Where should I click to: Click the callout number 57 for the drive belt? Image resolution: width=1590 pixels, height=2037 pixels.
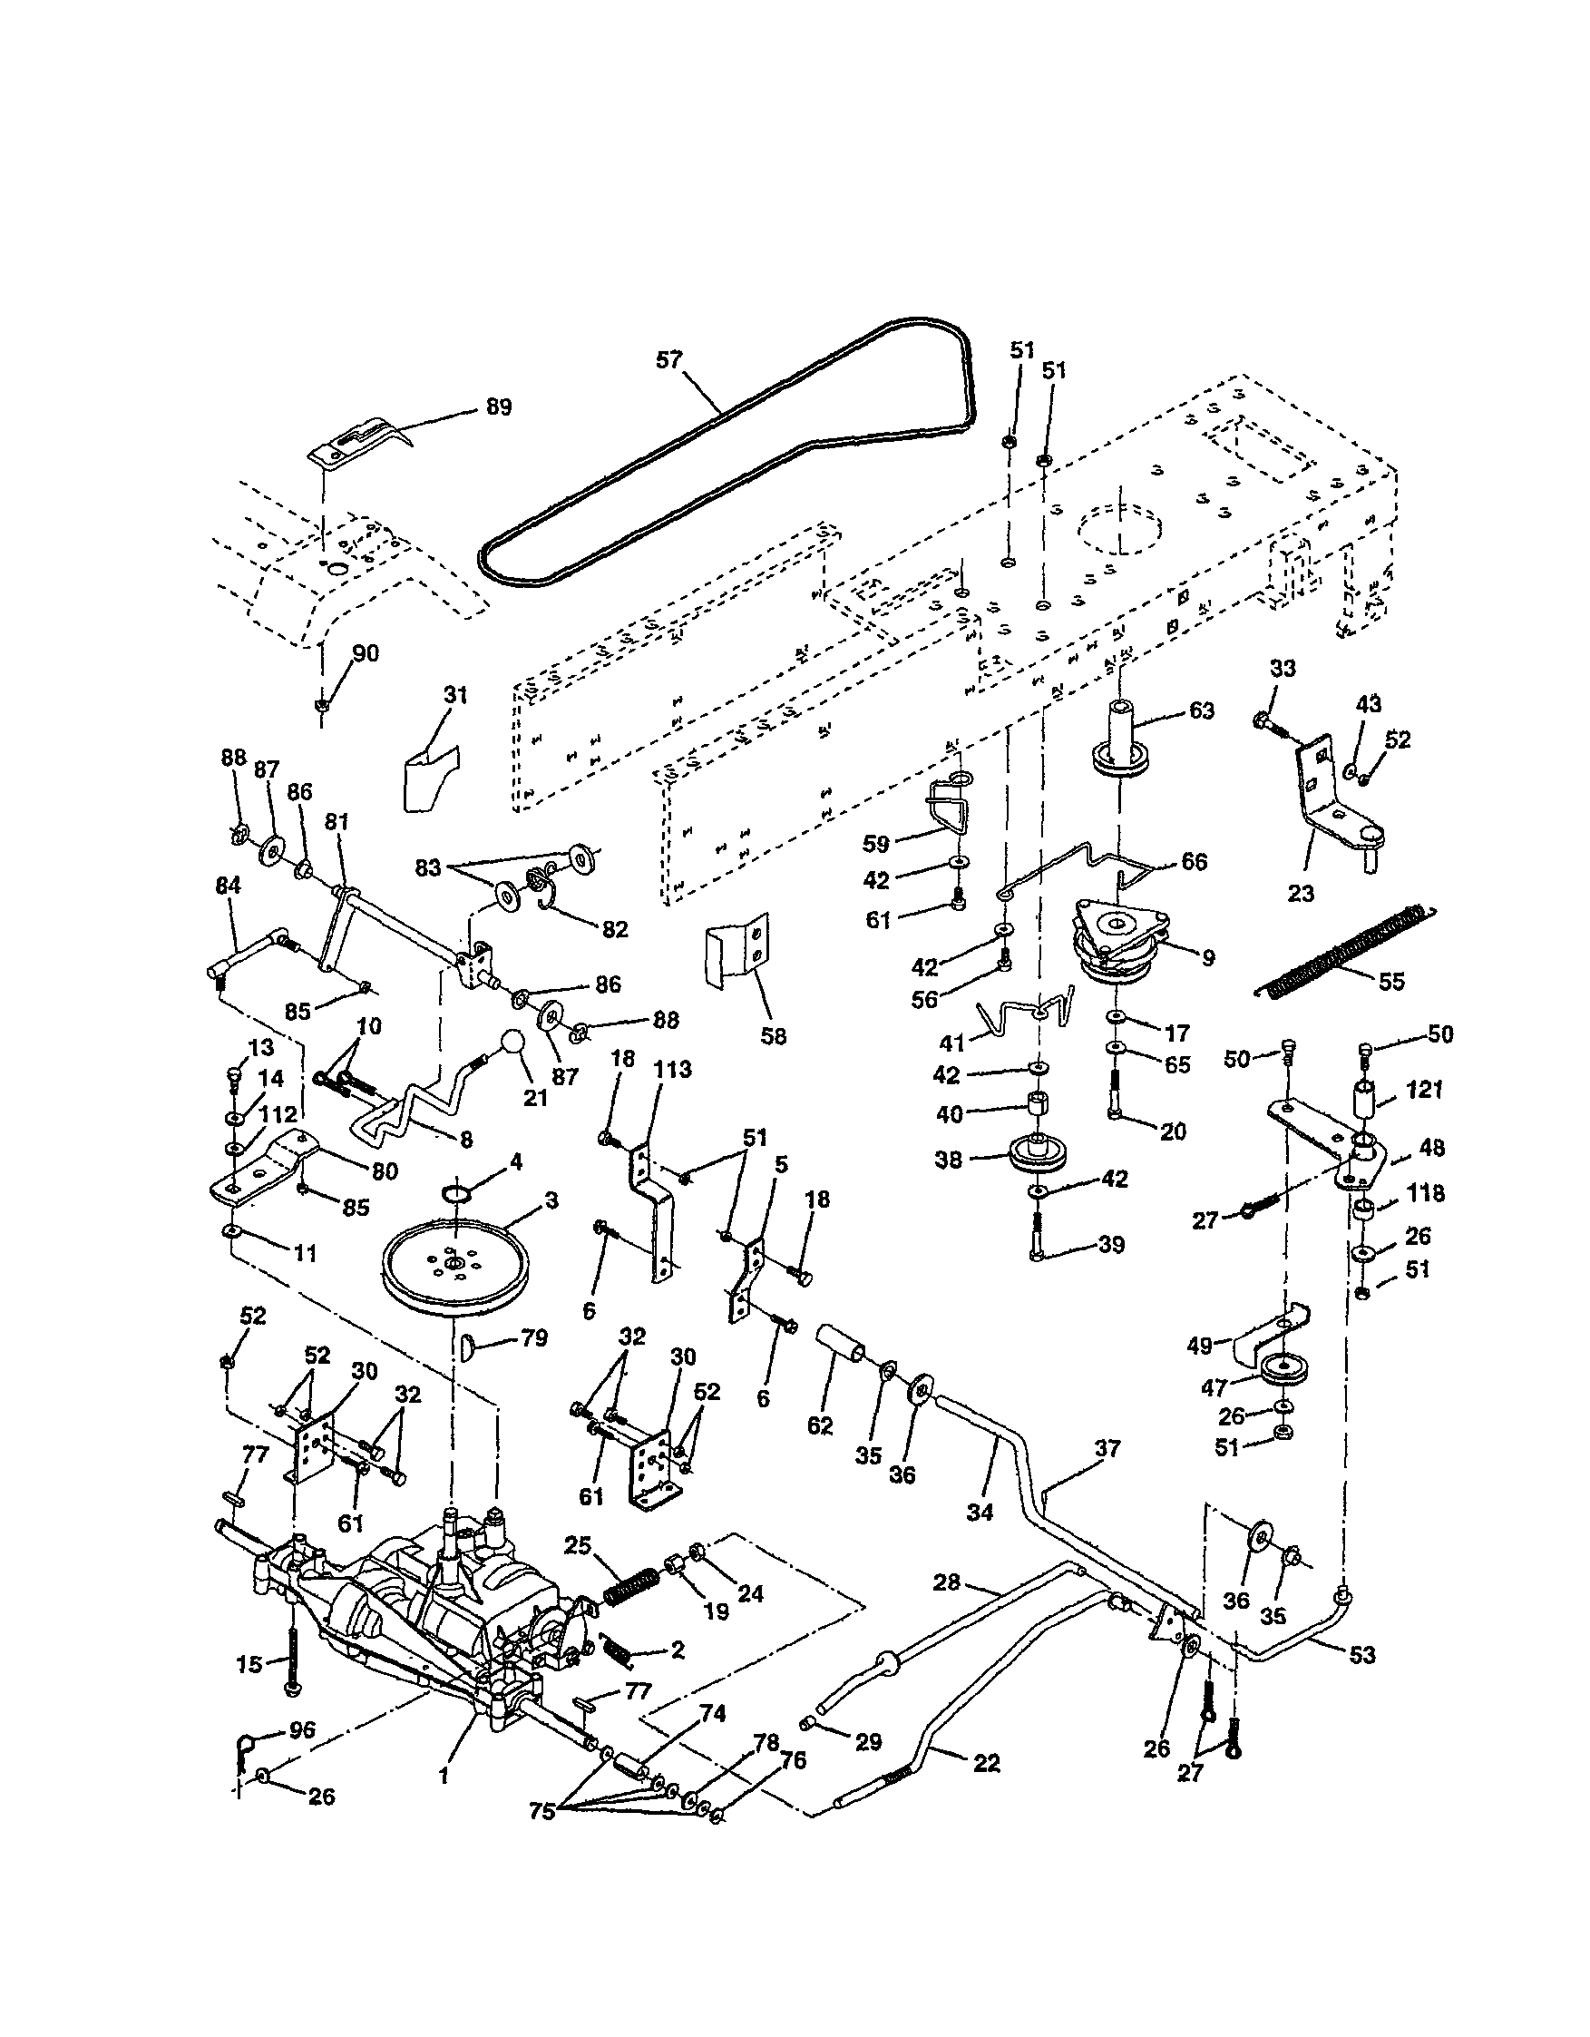click(x=668, y=360)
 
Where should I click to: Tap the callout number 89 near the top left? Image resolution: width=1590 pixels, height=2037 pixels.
click(x=499, y=407)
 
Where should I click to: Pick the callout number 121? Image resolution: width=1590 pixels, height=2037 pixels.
click(x=1424, y=1090)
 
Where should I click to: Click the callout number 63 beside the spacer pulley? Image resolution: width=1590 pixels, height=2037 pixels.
click(x=1201, y=710)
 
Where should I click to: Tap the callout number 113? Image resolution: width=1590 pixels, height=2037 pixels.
click(x=672, y=1069)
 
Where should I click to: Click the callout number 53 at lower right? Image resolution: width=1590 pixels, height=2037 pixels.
click(x=1362, y=1656)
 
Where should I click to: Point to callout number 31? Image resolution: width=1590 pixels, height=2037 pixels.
click(x=455, y=695)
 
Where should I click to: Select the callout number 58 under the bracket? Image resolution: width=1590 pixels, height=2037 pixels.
click(x=773, y=1036)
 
